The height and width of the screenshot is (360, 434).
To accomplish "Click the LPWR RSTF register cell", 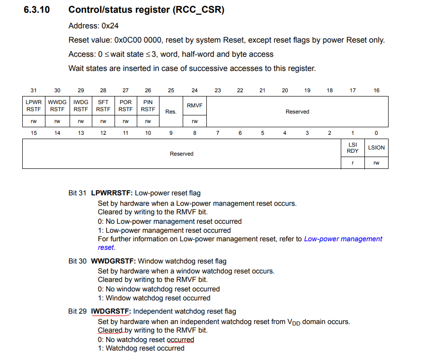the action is click(x=34, y=105).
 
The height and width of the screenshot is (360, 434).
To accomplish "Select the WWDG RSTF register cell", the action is click(x=57, y=105).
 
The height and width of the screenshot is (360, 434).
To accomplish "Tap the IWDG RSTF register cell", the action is click(x=80, y=105).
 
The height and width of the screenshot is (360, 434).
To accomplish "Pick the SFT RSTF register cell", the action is click(x=103, y=105).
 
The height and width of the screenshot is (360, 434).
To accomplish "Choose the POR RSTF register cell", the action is click(x=125, y=105).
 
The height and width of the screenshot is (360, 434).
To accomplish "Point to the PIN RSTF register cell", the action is click(x=148, y=105).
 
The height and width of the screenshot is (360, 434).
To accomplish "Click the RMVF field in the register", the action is click(x=195, y=105).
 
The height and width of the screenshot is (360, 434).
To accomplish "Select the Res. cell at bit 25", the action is click(x=171, y=112).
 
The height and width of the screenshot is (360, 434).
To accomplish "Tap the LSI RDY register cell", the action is click(x=353, y=148).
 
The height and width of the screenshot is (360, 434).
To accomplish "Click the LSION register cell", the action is click(x=376, y=148).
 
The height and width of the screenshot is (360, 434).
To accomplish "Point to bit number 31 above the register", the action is click(x=34, y=90).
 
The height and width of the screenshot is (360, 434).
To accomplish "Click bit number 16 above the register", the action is click(x=376, y=90).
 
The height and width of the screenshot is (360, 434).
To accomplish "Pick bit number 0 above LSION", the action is click(x=376, y=133).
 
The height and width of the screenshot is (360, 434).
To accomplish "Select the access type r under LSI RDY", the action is click(x=353, y=163).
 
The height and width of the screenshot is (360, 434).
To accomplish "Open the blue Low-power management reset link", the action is click(x=343, y=239).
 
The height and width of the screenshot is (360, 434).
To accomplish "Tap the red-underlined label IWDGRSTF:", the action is click(x=111, y=311).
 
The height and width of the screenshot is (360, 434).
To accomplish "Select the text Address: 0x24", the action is click(x=93, y=26).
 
